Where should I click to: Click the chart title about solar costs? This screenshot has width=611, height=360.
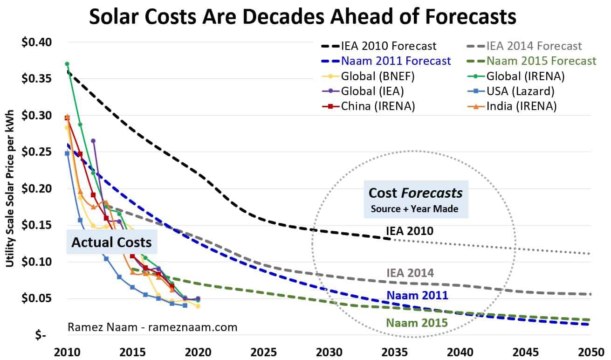coord(302,17)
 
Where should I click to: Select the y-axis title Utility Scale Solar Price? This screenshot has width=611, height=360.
coord(10,189)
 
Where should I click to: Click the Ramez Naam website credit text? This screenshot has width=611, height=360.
coord(153,327)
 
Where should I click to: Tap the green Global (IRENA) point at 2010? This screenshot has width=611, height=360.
coord(67,64)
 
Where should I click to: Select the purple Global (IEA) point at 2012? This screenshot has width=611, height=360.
coord(93,141)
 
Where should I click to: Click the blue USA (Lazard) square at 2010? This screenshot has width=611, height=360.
coord(67,153)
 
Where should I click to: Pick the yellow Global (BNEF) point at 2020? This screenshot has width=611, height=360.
coord(198,306)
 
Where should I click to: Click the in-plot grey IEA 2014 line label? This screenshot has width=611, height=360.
coord(410,273)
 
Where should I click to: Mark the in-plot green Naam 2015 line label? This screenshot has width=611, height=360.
coord(417,322)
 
